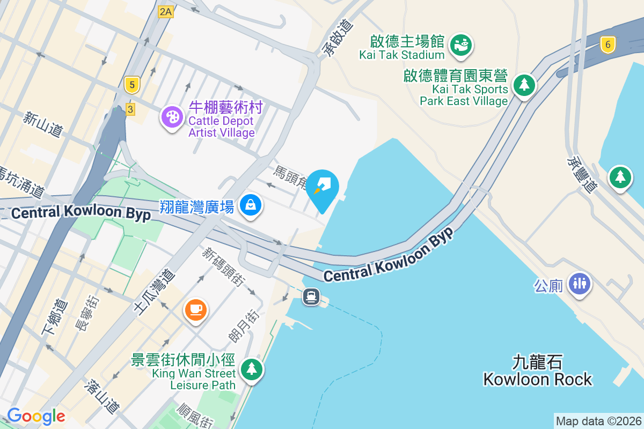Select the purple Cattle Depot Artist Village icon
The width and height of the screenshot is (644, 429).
172,116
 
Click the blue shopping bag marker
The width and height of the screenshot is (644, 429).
251,204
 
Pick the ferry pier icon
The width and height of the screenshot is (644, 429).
311,296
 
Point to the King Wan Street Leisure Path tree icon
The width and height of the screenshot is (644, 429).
251,369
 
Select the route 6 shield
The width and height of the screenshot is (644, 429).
608,45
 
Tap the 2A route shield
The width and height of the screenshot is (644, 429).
166,12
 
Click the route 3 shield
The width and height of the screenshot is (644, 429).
130,109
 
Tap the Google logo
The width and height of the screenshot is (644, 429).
36,416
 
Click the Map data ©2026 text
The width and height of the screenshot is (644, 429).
598,421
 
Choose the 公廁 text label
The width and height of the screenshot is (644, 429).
548,285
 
